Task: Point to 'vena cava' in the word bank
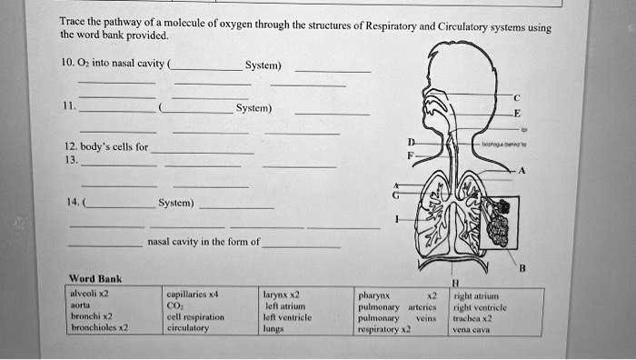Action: click(x=472, y=330)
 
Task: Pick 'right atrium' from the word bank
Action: click(x=477, y=295)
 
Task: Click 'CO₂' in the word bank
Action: click(x=175, y=306)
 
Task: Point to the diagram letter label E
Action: click(x=517, y=115)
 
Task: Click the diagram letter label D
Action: click(x=411, y=142)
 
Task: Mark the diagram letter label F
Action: click(x=411, y=155)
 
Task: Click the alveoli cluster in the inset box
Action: click(x=498, y=223)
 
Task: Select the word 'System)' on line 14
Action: click(x=174, y=203)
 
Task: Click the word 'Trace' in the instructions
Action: click(x=72, y=23)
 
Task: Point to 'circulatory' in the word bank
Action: click(x=187, y=329)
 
